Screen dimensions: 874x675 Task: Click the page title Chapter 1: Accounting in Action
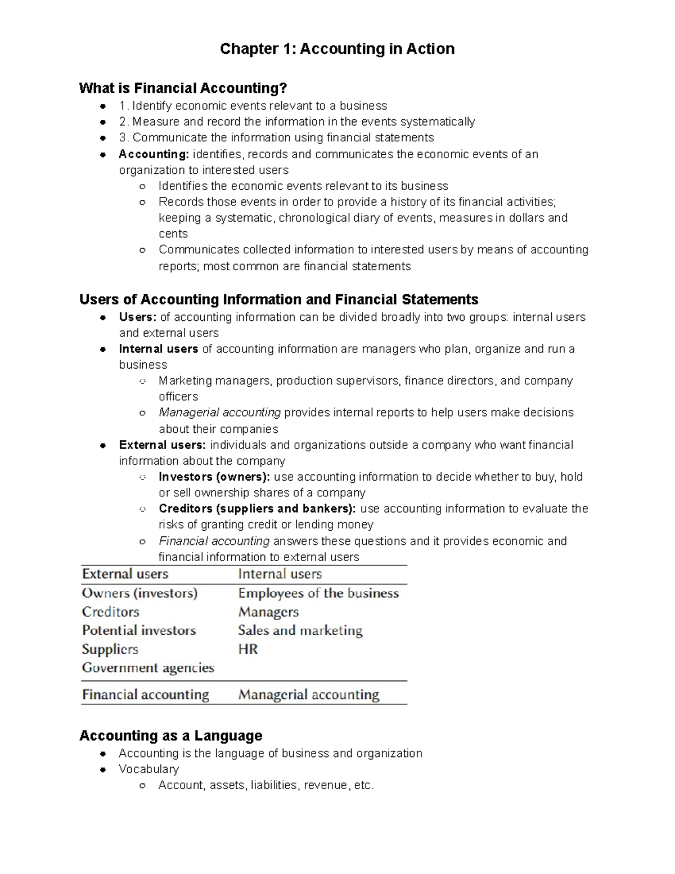[337, 49]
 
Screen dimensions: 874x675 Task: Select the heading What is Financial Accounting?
[183, 88]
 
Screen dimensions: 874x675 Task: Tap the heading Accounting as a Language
[170, 736]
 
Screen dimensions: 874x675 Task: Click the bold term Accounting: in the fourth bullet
[154, 154]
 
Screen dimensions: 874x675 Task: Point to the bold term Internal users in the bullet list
[158, 349]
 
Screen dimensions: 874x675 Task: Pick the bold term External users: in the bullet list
[162, 445]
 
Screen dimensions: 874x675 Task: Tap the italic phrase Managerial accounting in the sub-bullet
[219, 413]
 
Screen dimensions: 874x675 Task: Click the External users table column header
[125, 574]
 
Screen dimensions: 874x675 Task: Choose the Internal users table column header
[280, 574]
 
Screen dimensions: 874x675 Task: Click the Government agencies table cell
[148, 668]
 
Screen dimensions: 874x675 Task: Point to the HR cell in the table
[247, 649]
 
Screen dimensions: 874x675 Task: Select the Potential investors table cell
[139, 630]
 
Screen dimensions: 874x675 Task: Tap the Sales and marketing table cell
[300, 630]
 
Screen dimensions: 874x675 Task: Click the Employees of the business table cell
[318, 593]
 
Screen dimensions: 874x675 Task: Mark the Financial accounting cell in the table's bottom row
[145, 694]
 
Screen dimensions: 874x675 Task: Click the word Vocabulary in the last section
[148, 769]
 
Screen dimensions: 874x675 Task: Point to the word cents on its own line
[173, 234]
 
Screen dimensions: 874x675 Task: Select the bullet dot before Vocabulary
[103, 769]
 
